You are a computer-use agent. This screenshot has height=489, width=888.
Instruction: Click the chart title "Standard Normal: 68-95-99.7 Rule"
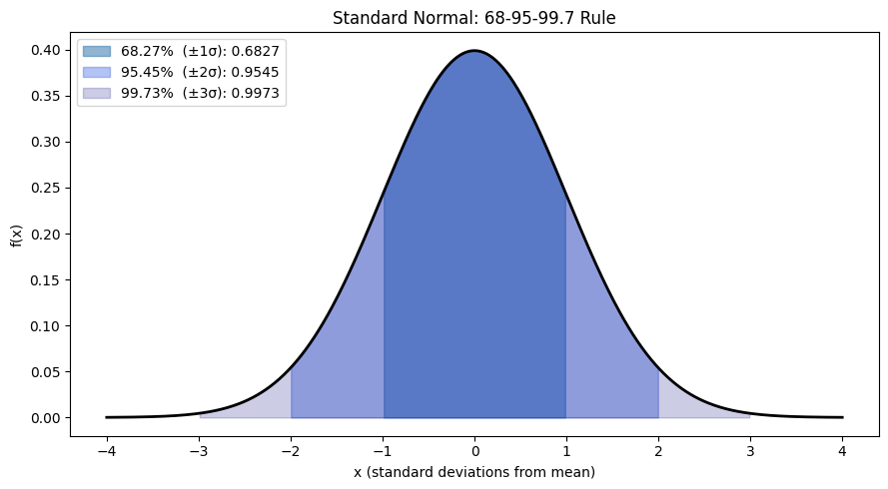(x=474, y=18)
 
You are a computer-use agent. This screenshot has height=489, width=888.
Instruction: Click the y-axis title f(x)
(x=16, y=235)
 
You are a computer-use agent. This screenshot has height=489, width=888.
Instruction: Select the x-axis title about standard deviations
(x=474, y=472)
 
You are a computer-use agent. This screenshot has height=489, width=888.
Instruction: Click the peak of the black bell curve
(x=474, y=51)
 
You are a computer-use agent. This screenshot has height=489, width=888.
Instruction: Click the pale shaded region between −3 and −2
(x=255, y=405)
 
